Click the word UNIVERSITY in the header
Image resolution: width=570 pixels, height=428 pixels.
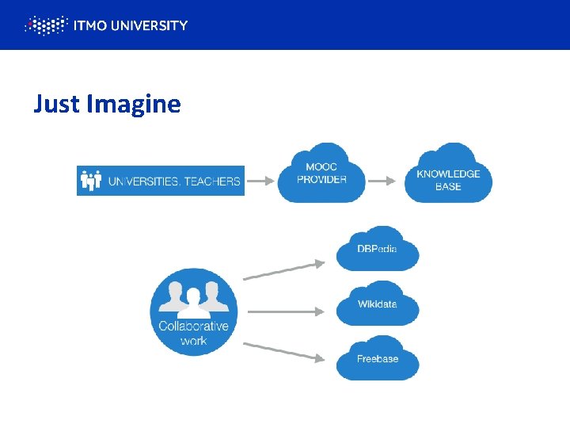150,25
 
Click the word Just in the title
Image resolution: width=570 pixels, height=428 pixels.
57,104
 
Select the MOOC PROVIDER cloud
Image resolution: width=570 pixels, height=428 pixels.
321,174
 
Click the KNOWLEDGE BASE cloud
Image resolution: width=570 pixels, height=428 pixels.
448,176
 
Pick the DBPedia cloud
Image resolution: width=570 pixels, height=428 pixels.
377,250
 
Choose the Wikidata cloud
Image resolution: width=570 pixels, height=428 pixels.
377,304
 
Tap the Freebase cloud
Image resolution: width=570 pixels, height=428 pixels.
377,359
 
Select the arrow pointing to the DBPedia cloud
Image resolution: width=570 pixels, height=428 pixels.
283,270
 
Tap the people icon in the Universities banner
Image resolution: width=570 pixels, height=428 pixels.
92,181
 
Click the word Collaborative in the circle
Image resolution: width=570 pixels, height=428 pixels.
193,327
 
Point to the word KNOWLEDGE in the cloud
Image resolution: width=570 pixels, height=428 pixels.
448,174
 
